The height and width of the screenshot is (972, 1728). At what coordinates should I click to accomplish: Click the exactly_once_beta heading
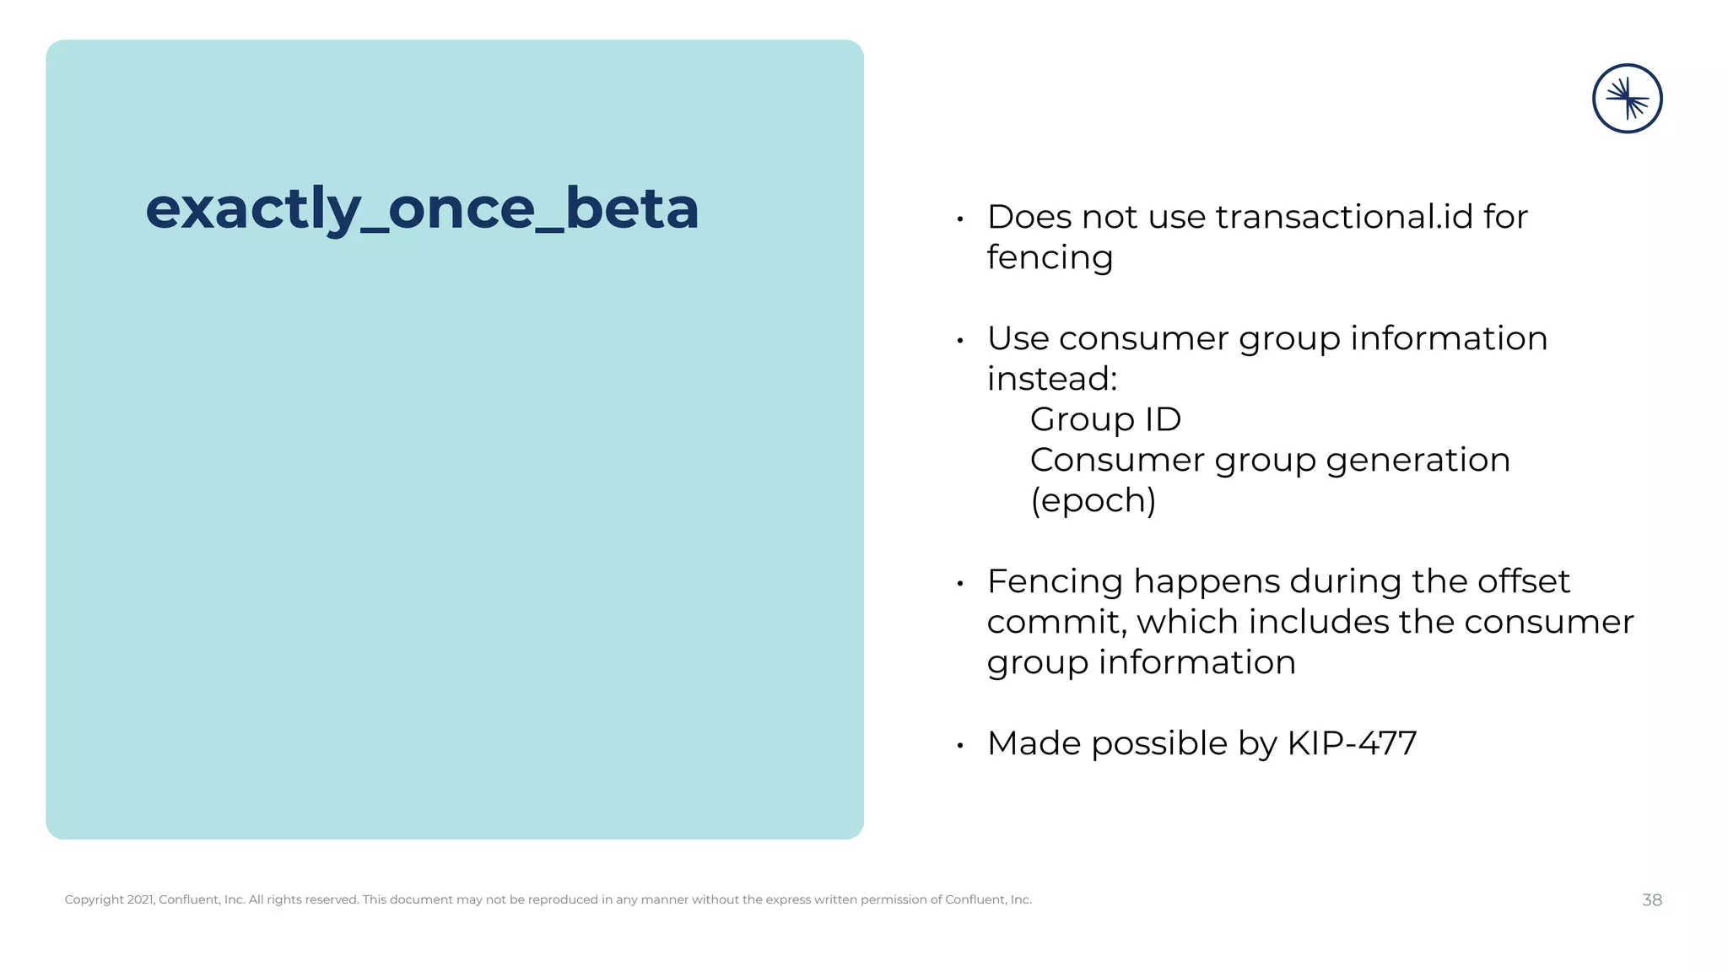pos(422,208)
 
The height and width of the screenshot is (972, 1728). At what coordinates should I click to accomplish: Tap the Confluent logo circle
pos(1627,99)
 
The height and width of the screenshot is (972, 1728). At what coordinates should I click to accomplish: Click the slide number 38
pos(1651,900)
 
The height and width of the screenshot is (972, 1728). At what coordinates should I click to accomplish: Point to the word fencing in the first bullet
pos(1050,257)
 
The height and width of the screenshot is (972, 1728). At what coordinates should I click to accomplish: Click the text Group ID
pos(1105,419)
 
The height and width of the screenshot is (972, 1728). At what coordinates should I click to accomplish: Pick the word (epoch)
pos(1093,500)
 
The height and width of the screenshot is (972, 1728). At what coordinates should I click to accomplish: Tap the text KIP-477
pos(1352,743)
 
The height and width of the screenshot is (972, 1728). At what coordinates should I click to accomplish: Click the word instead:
pos(1052,379)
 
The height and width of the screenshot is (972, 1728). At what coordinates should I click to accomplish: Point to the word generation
pos(1417,460)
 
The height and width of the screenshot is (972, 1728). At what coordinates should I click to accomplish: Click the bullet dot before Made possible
pos(960,746)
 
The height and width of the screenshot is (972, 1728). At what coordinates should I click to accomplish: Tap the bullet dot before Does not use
pos(960,219)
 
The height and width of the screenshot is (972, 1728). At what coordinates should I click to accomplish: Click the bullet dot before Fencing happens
pos(960,584)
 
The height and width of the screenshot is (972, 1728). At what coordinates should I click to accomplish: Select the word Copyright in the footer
pos(94,900)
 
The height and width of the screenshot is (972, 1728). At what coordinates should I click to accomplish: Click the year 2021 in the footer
pos(140,900)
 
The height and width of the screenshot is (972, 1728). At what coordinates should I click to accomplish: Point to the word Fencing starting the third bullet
pos(1055,581)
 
